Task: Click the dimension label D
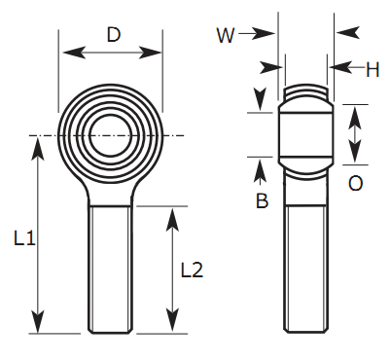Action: (x=113, y=36)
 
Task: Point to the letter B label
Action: (x=262, y=201)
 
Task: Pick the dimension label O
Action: (x=355, y=183)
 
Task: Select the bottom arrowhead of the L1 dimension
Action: (x=39, y=327)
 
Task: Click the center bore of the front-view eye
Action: (x=110, y=134)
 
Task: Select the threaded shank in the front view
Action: (x=110, y=268)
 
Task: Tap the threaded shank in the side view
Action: (x=308, y=268)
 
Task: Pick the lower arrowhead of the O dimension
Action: (x=354, y=157)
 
